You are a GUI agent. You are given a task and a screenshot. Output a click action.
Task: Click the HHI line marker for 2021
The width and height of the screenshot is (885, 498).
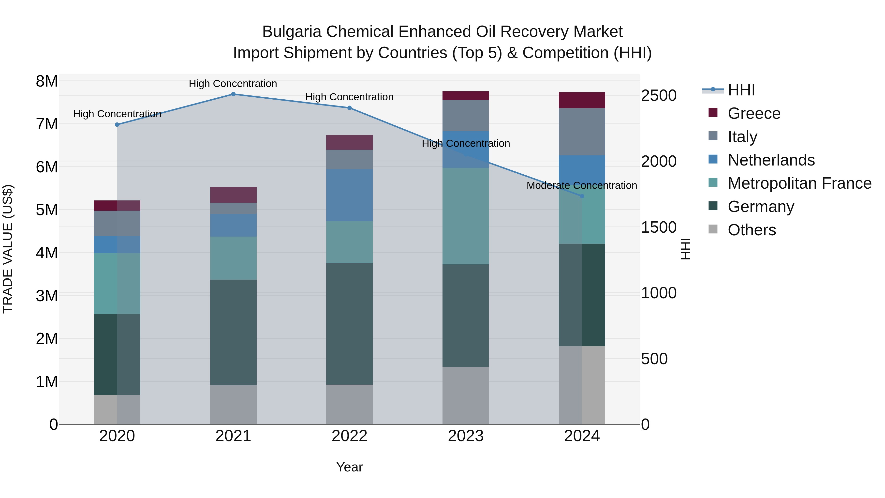point(233,94)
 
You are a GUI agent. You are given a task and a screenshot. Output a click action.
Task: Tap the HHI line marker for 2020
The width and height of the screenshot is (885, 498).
point(117,125)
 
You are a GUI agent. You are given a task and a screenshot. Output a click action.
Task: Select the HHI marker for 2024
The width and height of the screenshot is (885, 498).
point(582,196)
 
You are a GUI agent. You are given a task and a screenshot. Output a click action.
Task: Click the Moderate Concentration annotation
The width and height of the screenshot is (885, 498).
point(582,186)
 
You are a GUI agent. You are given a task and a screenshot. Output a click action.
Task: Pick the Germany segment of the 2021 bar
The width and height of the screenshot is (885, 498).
point(233,332)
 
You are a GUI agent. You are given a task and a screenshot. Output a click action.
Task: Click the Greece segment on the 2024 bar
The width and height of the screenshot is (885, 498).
point(582,100)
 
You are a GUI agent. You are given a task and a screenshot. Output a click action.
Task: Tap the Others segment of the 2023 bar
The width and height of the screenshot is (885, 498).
point(466,395)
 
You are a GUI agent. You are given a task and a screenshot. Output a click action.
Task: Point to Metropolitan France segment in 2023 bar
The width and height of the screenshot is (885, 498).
point(466,216)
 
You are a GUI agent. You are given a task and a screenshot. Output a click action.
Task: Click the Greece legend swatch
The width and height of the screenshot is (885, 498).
point(713,113)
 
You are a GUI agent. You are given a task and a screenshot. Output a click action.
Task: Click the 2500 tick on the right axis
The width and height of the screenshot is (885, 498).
point(659,96)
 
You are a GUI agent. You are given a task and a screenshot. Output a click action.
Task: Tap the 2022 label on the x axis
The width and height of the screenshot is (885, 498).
point(349,436)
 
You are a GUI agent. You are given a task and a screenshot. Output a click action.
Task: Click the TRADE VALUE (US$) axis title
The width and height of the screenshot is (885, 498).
point(8,249)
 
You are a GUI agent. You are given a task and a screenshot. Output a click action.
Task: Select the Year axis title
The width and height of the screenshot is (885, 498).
point(349,467)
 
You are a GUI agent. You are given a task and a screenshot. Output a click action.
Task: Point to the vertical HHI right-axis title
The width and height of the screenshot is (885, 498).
point(686,249)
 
